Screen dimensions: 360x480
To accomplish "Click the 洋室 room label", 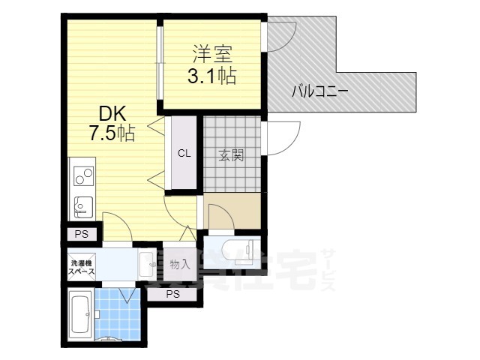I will [212, 54].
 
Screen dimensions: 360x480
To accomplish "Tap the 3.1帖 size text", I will [212, 76].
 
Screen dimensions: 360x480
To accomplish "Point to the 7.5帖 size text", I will [112, 134].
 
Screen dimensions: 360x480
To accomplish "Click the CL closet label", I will [184, 154].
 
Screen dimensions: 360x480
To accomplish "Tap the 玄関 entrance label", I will [231, 156].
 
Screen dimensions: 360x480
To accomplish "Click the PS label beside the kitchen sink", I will [81, 234].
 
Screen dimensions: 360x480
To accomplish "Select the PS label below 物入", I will [172, 293].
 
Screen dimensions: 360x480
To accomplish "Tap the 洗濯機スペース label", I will [81, 268].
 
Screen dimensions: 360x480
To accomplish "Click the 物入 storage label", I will [180, 264].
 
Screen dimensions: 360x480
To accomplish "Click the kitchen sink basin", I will [81, 204].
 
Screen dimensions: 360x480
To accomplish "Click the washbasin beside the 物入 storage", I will [146, 264].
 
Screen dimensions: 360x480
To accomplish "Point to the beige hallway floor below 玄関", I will [232, 210].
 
